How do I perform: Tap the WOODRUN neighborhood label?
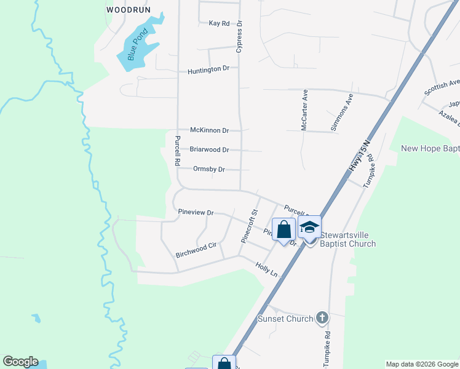click(x=128, y=10)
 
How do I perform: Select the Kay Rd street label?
click(x=219, y=23)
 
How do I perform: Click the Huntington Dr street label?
click(x=208, y=69)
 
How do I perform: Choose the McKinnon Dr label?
click(x=209, y=130)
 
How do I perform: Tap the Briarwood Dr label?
click(x=209, y=149)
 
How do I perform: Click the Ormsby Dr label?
click(x=209, y=169)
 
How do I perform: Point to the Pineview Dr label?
click(x=196, y=212)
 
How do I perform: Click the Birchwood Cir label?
click(x=196, y=245)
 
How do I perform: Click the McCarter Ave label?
click(x=304, y=111)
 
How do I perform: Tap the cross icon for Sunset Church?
click(x=322, y=318)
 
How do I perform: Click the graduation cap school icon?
click(x=309, y=228)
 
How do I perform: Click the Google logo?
click(x=20, y=362)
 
